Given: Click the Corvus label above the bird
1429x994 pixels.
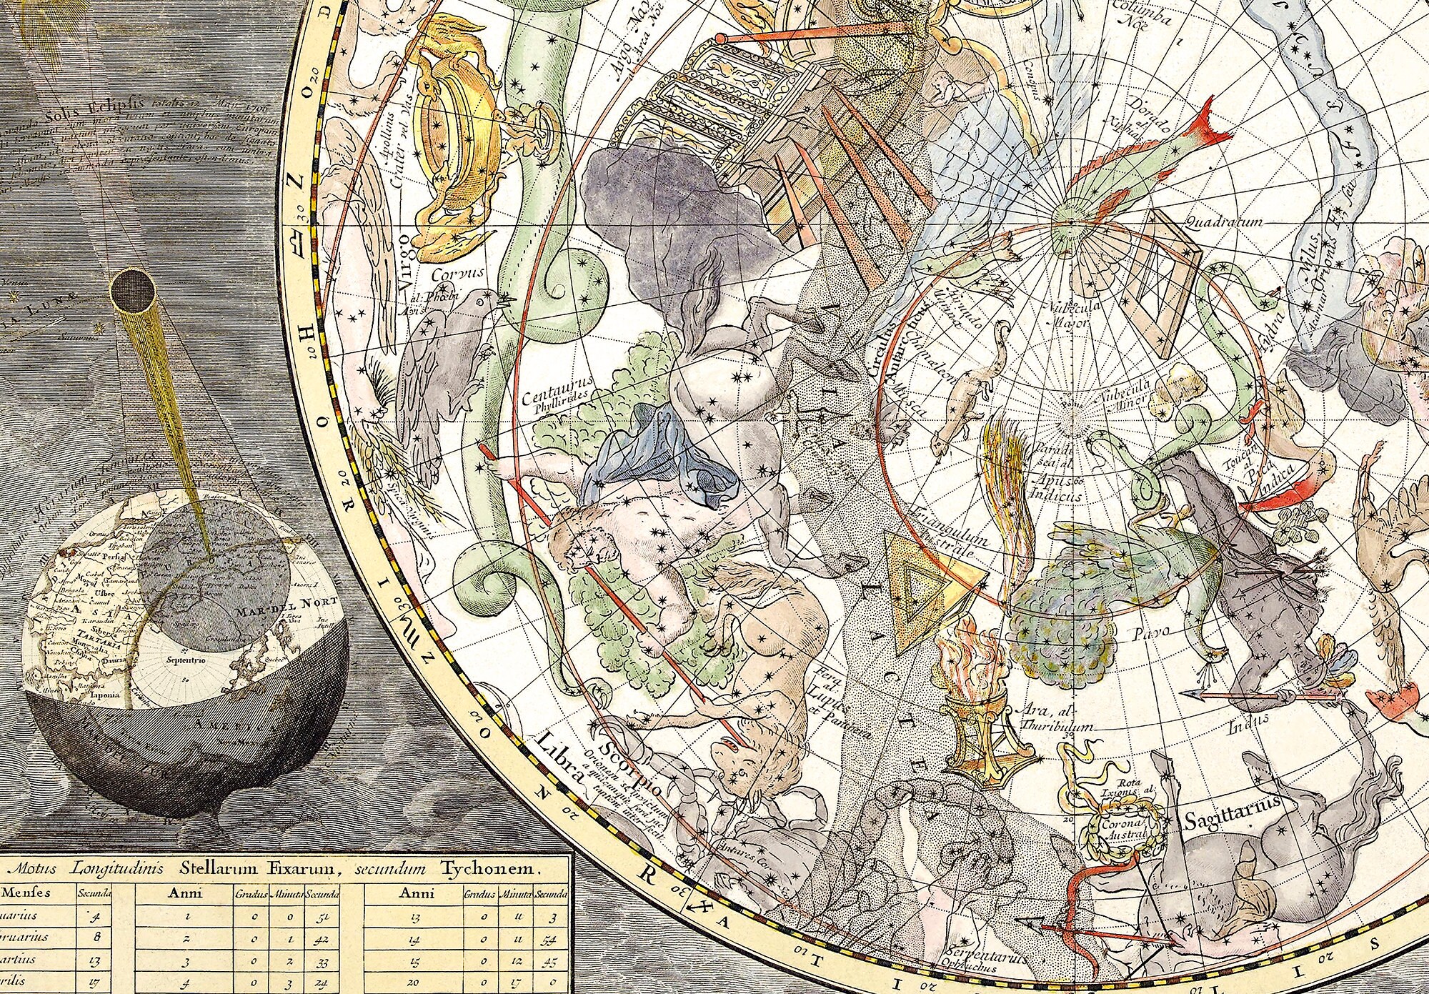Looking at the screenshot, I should pyautogui.click(x=457, y=273).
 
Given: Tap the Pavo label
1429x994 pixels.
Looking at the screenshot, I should pyautogui.click(x=1151, y=632).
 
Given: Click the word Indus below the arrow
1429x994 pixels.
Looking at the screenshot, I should pyautogui.click(x=1244, y=730).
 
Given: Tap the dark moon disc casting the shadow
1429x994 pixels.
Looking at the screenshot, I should pyautogui.click(x=134, y=293).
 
